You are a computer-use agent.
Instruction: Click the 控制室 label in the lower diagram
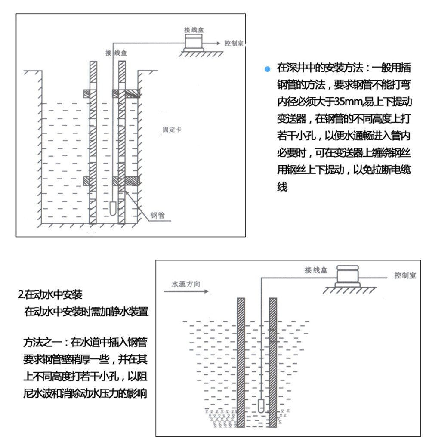click(x=405, y=275)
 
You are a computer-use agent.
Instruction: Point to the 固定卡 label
click(x=171, y=130)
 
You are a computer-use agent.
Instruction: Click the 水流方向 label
click(x=185, y=284)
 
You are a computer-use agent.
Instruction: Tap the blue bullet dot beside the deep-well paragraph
click(x=267, y=69)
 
